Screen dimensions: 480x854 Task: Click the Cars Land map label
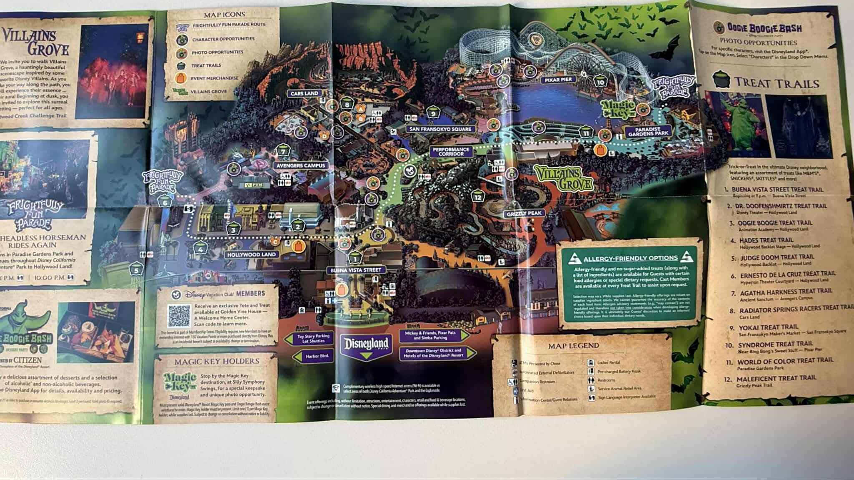(x=305, y=93)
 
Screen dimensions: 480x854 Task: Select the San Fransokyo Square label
(x=440, y=129)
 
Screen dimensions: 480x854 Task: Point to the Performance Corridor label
(x=451, y=151)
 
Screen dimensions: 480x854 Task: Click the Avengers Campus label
(x=301, y=166)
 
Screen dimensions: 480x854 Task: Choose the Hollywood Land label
(x=251, y=254)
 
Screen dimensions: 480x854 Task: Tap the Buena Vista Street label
(x=356, y=270)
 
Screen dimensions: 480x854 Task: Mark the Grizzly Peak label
(x=524, y=214)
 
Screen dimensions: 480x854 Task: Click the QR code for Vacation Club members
(x=179, y=316)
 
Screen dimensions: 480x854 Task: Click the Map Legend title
(x=573, y=346)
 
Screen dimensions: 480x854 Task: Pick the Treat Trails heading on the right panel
(x=776, y=83)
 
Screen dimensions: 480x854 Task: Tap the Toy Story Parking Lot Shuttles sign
(x=313, y=338)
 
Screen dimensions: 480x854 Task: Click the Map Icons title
(x=224, y=15)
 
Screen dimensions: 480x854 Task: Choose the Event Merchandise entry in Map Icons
(x=215, y=78)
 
